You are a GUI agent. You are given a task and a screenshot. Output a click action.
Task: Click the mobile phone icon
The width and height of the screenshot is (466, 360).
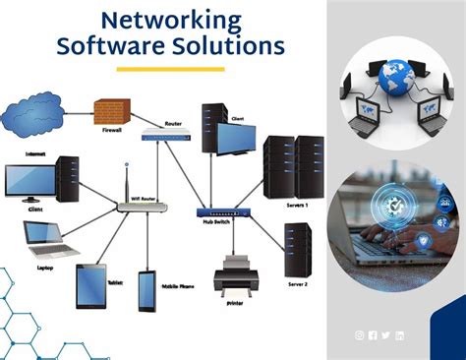pyautogui.click(x=146, y=289)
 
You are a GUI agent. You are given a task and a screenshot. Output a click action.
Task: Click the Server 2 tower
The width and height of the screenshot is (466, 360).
pyautogui.click(x=298, y=248)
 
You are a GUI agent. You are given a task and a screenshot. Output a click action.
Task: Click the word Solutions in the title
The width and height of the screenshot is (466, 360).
pyautogui.click(x=232, y=45)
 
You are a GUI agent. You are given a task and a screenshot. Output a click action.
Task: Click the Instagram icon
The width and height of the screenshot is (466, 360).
pyautogui.click(x=360, y=336)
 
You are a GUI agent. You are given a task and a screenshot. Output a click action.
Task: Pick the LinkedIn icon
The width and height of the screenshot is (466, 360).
pyautogui.click(x=399, y=336)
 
